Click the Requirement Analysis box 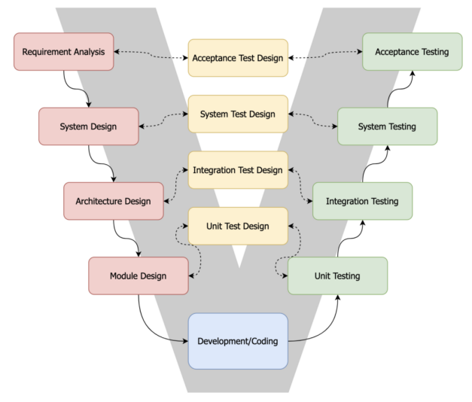[x=64, y=52]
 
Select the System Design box [x=88, y=126]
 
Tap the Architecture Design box [x=113, y=201]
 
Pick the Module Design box [x=138, y=276]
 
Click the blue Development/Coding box [x=237, y=341]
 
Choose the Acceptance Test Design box [x=237, y=58]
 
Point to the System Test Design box [x=237, y=114]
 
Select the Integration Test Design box [x=237, y=170]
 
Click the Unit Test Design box [x=237, y=226]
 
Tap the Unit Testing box [x=337, y=276]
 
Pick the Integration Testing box [x=362, y=201]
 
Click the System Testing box [x=387, y=126]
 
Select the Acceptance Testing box [x=412, y=52]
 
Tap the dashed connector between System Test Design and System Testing [x=312, y=119]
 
